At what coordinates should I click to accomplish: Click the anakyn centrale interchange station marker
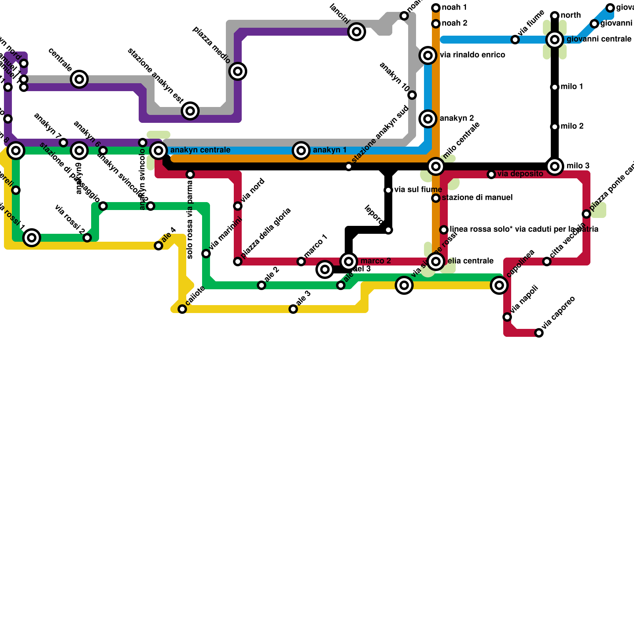[x=158, y=151]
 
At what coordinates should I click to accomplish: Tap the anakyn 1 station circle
[x=301, y=151]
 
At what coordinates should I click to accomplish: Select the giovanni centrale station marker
[x=555, y=40]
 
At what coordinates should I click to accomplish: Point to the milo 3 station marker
[x=555, y=166]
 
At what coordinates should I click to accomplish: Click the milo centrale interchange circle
[x=436, y=166]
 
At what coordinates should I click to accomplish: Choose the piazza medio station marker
[x=238, y=71]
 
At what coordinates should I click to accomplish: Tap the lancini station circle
[x=357, y=32]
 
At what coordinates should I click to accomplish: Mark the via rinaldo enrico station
[x=428, y=55]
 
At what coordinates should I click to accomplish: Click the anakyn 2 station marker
[x=428, y=119]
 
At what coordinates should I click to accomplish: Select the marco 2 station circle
[x=349, y=262]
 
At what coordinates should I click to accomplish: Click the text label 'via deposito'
[x=520, y=174]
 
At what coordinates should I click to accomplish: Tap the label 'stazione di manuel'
[x=477, y=198]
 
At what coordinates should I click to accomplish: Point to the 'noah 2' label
[x=454, y=23]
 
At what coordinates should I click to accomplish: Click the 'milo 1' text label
[x=572, y=87]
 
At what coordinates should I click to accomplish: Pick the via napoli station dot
[x=507, y=317]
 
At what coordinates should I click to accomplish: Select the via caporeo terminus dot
[x=539, y=333]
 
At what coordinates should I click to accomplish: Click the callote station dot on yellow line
[x=182, y=309]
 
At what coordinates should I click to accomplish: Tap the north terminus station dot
[x=555, y=16]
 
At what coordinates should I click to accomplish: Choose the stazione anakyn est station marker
[x=190, y=111]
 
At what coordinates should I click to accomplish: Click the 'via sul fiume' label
[x=418, y=190]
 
